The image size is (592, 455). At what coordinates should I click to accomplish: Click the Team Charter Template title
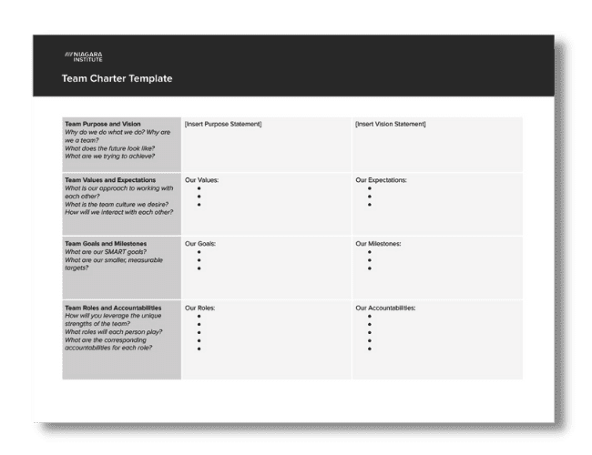(117, 79)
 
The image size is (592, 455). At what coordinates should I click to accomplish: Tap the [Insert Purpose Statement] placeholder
(222, 124)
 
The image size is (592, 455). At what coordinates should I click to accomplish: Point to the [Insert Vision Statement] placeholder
(391, 124)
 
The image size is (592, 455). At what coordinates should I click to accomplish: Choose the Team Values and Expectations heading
(110, 180)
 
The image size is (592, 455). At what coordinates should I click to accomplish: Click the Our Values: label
(201, 180)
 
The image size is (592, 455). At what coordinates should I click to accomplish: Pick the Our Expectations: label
(381, 180)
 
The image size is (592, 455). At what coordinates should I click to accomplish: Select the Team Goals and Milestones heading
(106, 244)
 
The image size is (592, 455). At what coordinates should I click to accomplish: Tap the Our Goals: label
(200, 244)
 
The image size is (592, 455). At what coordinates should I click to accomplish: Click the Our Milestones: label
(378, 244)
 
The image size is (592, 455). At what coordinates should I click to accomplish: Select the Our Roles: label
(200, 308)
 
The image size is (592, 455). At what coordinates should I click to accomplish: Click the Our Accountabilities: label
(385, 308)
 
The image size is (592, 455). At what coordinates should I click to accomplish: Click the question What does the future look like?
(108, 146)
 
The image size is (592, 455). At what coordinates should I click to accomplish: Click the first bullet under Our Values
(199, 188)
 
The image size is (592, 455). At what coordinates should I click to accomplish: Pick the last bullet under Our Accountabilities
(369, 349)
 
